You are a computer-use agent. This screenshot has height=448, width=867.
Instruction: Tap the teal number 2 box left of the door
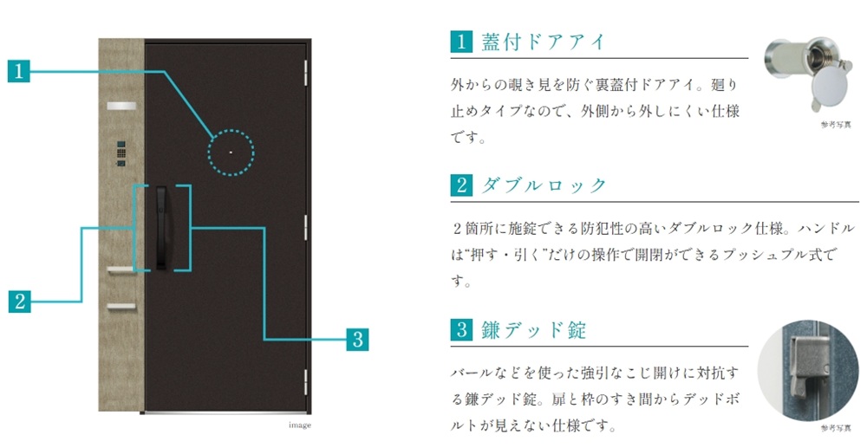tap(19, 301)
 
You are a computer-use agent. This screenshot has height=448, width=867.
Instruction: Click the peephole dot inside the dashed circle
tap(231, 153)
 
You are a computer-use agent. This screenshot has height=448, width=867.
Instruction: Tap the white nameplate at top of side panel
tap(120, 106)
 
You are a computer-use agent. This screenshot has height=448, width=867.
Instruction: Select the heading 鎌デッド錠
tap(533, 329)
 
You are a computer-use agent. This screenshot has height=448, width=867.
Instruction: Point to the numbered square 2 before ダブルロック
tap(461, 185)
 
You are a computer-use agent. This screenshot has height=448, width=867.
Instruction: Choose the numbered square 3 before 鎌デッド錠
tap(461, 329)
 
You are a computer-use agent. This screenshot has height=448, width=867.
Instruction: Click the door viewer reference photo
tap(802, 74)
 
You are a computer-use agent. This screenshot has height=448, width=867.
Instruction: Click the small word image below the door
tap(299, 425)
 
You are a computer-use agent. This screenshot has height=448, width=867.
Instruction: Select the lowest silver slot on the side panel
tap(121, 306)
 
